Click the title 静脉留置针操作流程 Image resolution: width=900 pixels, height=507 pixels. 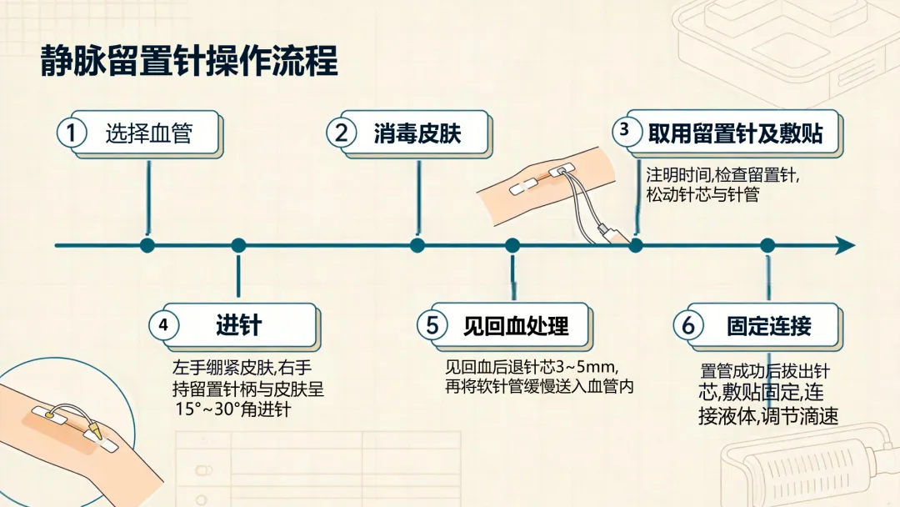189,61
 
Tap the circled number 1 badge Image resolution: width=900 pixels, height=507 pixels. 72,133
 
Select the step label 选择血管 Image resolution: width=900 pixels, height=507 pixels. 148,133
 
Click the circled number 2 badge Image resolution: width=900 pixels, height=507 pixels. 342,133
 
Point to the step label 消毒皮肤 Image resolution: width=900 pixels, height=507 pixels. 417,133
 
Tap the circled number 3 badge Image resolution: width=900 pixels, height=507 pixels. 624,130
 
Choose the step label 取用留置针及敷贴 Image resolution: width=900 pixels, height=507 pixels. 735,133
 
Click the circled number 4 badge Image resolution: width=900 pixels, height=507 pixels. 163,325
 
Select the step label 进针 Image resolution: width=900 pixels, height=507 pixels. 239,325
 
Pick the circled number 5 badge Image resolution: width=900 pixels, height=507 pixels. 432,325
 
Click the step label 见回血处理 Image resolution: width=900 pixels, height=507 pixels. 516,326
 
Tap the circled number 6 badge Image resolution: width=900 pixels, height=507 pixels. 688,325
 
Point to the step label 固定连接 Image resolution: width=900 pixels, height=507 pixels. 769,326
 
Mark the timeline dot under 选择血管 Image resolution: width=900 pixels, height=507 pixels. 147,246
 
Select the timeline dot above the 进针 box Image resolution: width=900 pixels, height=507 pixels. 239,246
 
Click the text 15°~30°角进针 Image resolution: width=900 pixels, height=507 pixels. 233,409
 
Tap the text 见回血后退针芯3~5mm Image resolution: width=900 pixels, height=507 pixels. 531,366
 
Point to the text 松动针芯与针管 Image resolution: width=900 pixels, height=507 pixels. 702,194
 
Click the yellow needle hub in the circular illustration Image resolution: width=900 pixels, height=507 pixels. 93,429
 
